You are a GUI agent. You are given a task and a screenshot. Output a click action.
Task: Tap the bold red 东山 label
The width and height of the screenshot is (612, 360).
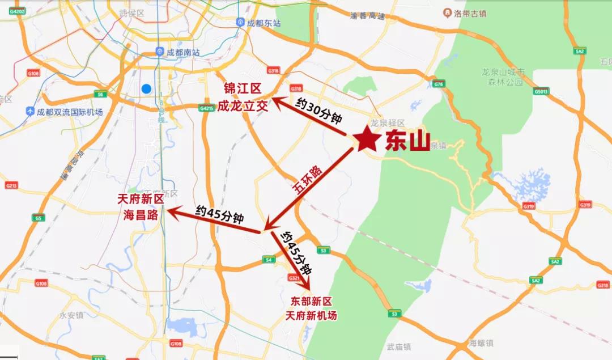[x=407, y=141]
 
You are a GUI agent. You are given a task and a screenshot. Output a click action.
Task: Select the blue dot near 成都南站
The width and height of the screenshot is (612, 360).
[x=146, y=88]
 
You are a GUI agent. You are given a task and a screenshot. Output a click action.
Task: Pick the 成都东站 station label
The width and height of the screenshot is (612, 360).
[x=264, y=23]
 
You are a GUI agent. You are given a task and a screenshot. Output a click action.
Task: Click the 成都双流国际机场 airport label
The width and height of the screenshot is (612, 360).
[x=69, y=112]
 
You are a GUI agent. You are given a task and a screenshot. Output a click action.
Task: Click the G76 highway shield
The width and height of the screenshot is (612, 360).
[x=437, y=84]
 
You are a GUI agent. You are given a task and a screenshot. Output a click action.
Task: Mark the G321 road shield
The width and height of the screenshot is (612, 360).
[x=294, y=278]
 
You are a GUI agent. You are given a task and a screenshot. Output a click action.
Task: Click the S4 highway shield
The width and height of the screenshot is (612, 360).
[x=268, y=260]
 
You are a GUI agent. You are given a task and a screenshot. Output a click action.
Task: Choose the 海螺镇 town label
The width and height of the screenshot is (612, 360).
[x=481, y=342]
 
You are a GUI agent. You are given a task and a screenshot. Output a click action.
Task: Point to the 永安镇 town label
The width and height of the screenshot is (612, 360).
[x=71, y=315]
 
